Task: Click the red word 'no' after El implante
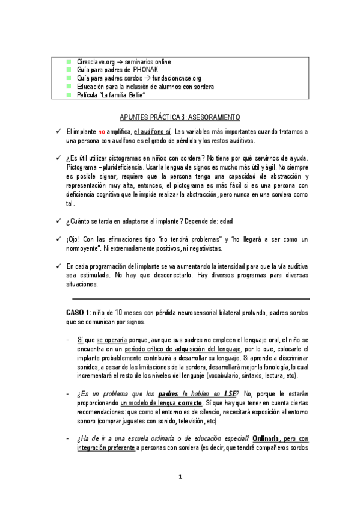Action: tap(102, 131)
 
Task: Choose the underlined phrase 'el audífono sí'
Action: tap(153, 131)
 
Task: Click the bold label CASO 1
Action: tap(78, 313)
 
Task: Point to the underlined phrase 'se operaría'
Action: tap(112, 339)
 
